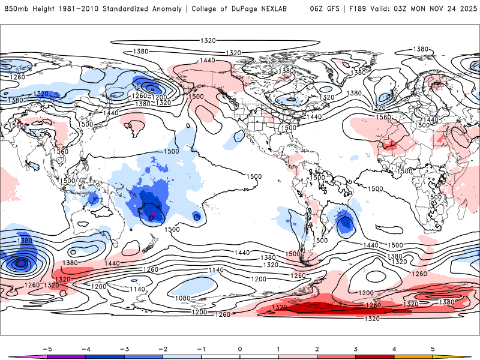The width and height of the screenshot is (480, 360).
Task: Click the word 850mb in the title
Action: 15,9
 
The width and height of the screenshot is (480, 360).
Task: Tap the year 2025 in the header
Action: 467,9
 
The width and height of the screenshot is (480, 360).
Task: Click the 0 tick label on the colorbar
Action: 240,348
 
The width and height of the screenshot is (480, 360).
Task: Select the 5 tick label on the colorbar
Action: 433,348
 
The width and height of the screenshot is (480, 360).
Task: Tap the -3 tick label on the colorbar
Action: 124,348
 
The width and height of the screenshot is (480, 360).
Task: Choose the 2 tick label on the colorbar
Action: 317,348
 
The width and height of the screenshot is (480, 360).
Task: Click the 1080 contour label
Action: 182,298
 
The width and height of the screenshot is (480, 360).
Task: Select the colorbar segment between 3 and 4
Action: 375,356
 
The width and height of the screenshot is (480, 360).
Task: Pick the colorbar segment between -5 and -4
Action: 67,356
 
